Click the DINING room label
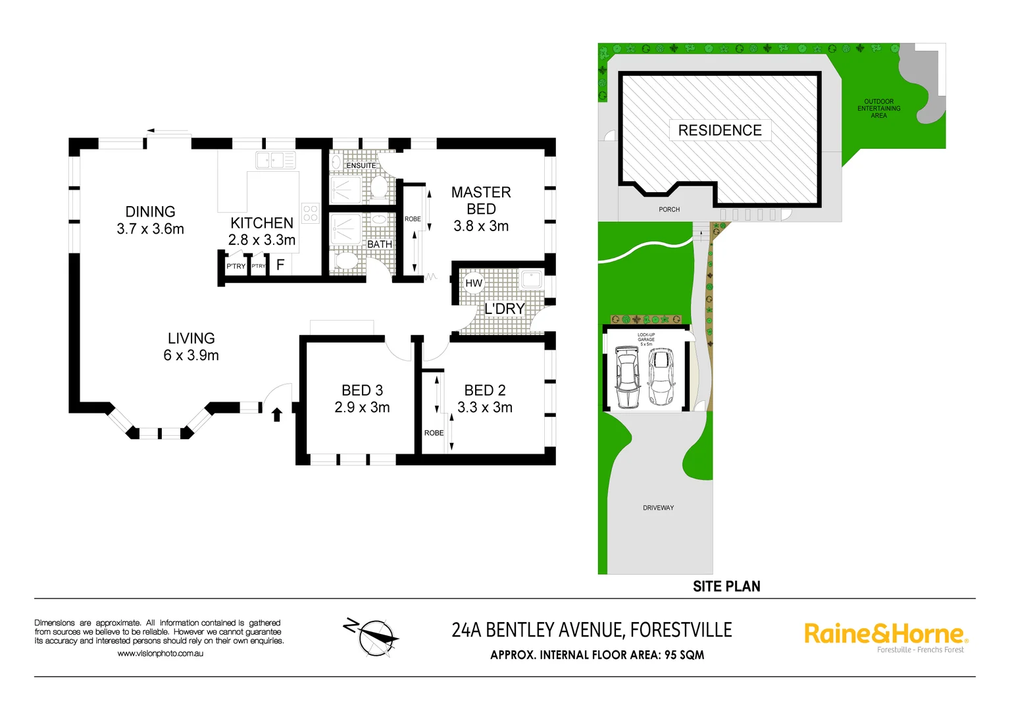151,212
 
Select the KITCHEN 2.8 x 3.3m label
262,231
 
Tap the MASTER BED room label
481,201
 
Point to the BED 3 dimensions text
362,408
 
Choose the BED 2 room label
485,390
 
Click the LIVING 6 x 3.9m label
191,346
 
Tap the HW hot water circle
474,283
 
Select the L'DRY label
505,309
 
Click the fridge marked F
280,265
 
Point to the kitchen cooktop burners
310,213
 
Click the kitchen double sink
276,160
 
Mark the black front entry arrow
277,414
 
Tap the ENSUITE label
361,165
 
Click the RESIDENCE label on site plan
720,130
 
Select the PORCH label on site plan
669,209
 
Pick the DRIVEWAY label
658,508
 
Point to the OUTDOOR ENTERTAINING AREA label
878,109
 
